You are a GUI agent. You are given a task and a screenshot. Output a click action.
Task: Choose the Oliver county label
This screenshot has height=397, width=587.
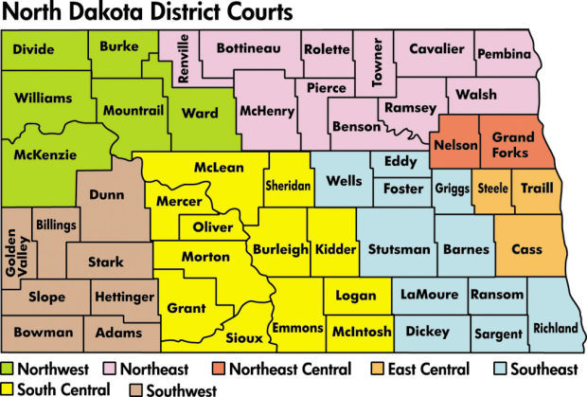click(x=212, y=228)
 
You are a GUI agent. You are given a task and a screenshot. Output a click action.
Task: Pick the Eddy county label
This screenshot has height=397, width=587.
click(x=400, y=162)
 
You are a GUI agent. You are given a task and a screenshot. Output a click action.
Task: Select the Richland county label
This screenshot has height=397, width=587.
click(x=555, y=328)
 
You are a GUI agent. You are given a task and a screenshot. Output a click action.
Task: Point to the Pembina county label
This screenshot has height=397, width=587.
click(x=505, y=55)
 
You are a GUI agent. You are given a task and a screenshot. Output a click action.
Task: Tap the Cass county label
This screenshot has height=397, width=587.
click(x=526, y=249)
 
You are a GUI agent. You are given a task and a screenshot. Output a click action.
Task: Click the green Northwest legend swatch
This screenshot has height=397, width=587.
click(x=9, y=369)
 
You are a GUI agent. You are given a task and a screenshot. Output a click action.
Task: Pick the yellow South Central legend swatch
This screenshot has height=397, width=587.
click(x=9, y=388)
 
